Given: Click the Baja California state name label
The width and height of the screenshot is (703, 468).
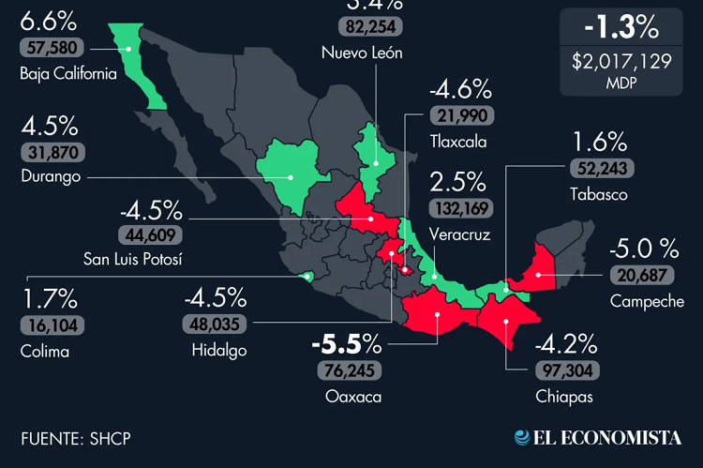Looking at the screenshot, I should coord(67,73).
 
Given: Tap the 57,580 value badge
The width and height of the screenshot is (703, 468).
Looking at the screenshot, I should coord(52,46).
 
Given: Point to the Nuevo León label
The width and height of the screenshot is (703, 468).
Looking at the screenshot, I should coord(362,53).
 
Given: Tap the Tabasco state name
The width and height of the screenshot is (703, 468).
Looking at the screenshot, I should coord(598,194).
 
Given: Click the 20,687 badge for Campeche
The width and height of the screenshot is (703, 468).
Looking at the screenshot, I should coord(643,275).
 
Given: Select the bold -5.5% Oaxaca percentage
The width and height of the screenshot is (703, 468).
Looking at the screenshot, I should coord(348,343).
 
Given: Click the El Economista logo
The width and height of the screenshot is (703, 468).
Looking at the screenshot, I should coord(596,437).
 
